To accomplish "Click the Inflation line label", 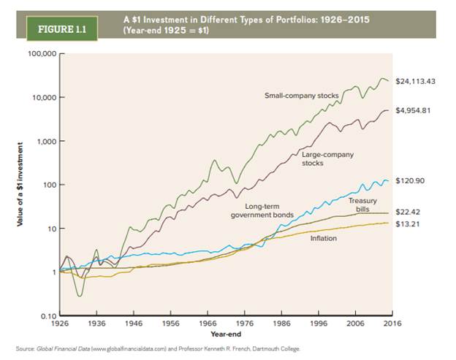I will tap(323, 238).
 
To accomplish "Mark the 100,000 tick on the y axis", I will tap(40, 54).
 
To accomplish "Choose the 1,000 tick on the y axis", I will tap(45, 141).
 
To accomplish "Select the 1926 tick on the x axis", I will tap(64, 322).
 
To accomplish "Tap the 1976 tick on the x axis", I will tap(245, 322).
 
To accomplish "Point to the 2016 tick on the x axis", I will tap(391, 322).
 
